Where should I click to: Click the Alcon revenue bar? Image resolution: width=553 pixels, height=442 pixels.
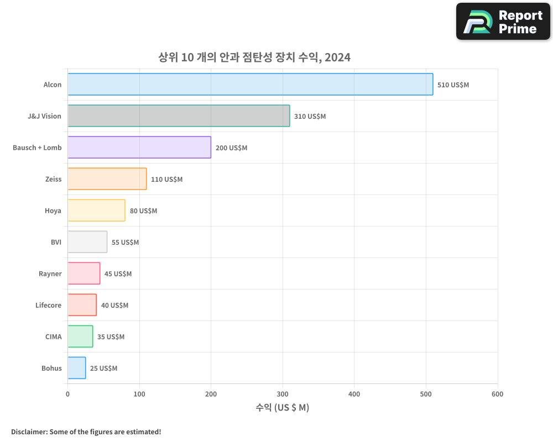coord(250,85)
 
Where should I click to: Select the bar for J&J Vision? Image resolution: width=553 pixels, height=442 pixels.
coord(179,116)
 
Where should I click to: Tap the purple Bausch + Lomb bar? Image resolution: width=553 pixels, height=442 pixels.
coord(139,148)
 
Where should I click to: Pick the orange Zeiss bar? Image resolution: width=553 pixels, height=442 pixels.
coord(107,179)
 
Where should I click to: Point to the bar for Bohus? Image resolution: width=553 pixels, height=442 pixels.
coord(77,368)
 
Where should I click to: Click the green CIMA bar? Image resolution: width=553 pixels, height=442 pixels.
coord(80,336)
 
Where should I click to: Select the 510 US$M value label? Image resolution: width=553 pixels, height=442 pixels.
coord(453,85)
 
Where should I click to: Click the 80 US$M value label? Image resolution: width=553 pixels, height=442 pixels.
coord(143,211)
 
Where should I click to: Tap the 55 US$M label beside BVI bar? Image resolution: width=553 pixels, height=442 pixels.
coord(125,243)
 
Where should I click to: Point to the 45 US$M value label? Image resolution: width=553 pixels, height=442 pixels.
coord(118,274)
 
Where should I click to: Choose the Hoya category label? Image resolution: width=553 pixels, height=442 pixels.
coord(53,211)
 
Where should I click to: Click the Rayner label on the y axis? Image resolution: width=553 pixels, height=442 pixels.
coord(50,274)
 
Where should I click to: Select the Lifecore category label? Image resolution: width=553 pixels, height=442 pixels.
coord(49,306)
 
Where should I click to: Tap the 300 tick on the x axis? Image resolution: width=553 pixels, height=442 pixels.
coord(283,394)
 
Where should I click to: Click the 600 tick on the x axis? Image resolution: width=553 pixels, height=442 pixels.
coord(497,394)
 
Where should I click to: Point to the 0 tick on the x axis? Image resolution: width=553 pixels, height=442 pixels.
coord(67,394)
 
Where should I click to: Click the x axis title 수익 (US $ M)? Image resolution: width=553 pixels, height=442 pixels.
coord(282,408)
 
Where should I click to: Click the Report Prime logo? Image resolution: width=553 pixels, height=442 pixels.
coord(503,22)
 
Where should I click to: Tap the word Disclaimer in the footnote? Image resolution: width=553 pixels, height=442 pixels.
coord(29,432)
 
